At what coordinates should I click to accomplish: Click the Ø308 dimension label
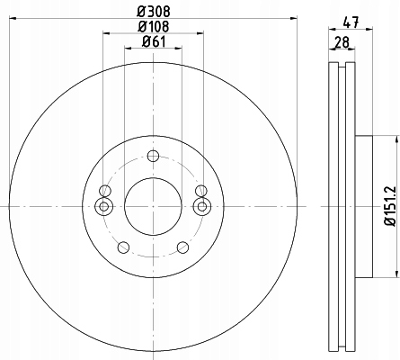pos(154,12)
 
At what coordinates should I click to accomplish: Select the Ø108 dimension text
pos(154,26)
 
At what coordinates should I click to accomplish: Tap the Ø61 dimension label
pos(154,41)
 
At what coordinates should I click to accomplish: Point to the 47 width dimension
pos(351,22)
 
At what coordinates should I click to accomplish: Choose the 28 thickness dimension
pos(342,42)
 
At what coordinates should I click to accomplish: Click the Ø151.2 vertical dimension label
pos(390,206)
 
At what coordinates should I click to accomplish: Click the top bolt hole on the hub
pos(153,156)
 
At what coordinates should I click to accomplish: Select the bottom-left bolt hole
pos(123,247)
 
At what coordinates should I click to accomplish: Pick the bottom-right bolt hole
pos(182,247)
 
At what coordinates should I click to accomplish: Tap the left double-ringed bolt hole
pos(103,206)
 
